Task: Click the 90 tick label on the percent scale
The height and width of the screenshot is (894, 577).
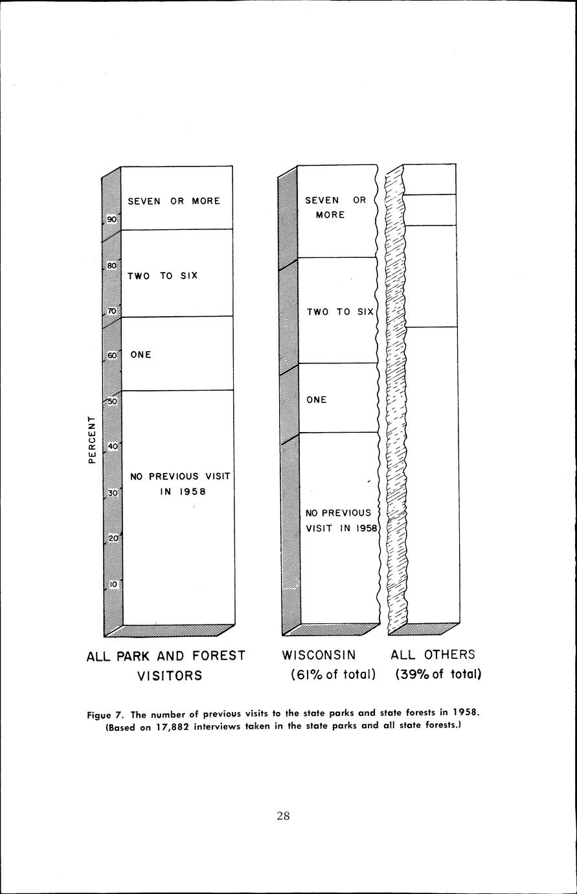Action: tap(111, 220)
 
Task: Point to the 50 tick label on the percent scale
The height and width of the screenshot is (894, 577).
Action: tap(111, 402)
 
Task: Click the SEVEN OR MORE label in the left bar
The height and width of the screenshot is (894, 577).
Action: tap(174, 201)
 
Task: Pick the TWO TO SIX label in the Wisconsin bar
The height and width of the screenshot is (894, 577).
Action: tap(340, 312)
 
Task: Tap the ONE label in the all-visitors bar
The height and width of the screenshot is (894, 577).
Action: tap(141, 355)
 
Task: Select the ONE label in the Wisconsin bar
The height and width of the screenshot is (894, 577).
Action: tap(317, 400)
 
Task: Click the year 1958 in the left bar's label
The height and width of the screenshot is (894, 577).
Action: tap(183, 491)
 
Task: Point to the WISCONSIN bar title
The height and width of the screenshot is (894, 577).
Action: tap(319, 655)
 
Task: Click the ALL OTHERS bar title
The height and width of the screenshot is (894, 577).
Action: tap(433, 655)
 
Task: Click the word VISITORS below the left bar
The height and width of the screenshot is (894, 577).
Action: tap(170, 676)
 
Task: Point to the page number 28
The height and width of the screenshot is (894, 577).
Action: tap(283, 816)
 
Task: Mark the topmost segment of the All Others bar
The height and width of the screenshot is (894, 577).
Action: tap(431, 179)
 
